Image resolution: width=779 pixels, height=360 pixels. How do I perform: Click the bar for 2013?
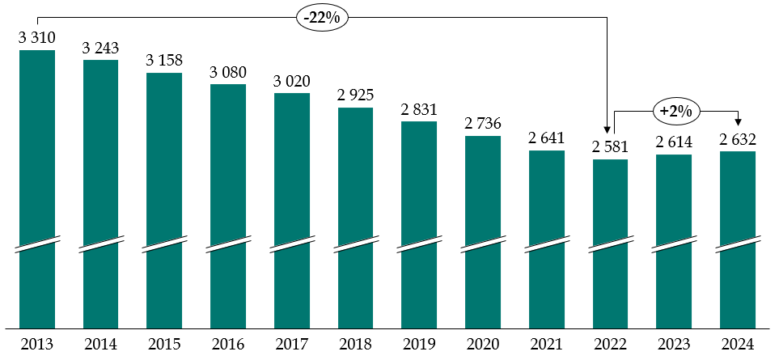point(37,186)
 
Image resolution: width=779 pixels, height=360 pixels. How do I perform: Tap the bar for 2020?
point(483,231)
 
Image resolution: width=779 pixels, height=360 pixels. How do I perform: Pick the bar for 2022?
point(610,243)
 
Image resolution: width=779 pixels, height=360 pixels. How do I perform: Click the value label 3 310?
point(37,37)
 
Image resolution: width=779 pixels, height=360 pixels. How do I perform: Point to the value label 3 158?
point(164,60)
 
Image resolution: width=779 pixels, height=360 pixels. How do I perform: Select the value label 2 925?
point(355,95)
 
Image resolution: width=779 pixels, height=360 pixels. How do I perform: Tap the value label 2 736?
point(483,123)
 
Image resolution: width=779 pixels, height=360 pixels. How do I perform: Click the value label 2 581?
point(610,146)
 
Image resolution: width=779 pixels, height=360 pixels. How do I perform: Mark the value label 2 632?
point(738,138)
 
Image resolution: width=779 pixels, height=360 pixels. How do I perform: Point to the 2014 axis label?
point(101,345)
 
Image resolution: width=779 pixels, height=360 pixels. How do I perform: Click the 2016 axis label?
point(228,345)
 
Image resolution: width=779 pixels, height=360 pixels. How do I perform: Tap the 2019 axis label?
point(419,345)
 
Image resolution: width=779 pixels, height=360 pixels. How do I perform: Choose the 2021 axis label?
point(547,345)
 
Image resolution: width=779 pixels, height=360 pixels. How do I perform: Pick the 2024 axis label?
point(738,345)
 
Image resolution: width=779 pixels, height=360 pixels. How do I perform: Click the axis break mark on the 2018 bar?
point(355,244)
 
